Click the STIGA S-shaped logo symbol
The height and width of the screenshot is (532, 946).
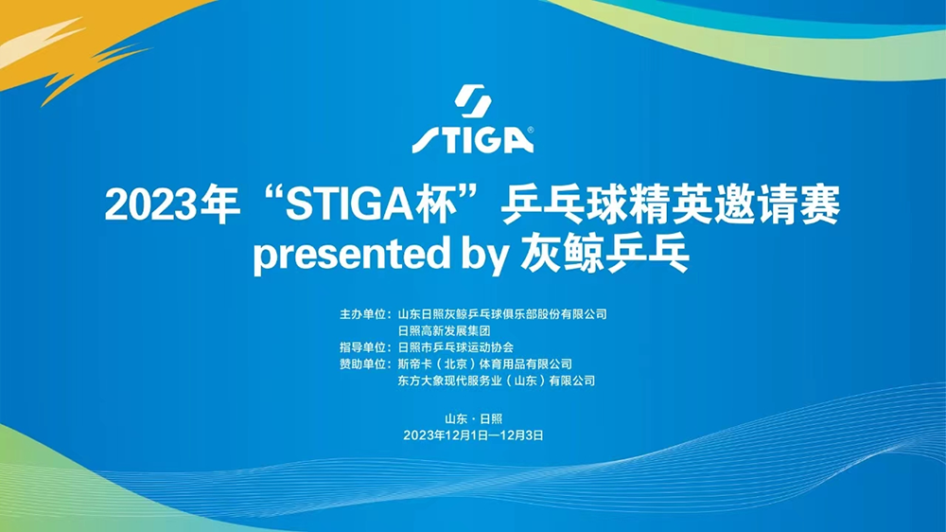tap(472, 101)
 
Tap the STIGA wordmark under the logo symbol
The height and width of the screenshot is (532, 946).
tap(472, 139)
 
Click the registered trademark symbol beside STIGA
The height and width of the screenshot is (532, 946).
tap(531, 130)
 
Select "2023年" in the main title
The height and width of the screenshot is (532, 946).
tap(173, 204)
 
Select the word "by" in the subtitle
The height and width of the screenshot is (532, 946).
tap(483, 255)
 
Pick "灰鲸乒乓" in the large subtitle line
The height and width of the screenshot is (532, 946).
tap(604, 253)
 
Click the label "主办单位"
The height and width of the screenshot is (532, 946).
tap(362, 314)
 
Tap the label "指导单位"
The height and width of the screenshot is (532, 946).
tap(362, 347)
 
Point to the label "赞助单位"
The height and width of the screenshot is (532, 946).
tap(362, 364)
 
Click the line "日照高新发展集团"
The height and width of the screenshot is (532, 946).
tap(444, 331)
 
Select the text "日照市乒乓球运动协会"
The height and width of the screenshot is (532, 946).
tap(456, 347)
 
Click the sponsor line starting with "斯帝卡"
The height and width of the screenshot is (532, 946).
tap(484, 364)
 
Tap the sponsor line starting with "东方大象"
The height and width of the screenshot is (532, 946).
tap(496, 381)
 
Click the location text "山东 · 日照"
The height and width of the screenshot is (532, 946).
tap(474, 419)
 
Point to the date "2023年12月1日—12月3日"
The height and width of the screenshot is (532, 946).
tap(474, 435)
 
